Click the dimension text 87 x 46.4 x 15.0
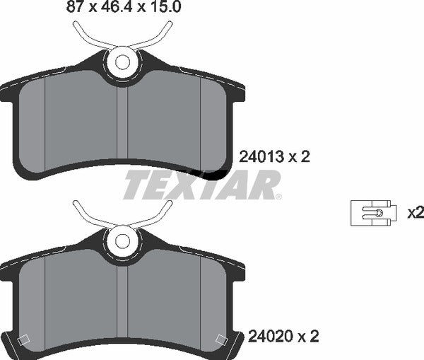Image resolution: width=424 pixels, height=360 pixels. pyautogui.click(x=124, y=6)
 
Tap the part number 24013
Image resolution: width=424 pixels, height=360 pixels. pyautogui.click(x=261, y=157)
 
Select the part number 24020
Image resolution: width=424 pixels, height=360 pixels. pyautogui.click(x=270, y=337)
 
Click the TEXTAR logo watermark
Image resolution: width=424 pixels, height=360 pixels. pyautogui.click(x=201, y=185)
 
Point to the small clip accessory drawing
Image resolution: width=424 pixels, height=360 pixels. pyautogui.click(x=373, y=213)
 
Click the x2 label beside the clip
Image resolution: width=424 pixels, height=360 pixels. pyautogui.click(x=416, y=214)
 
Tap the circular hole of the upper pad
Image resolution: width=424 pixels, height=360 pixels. pyautogui.click(x=122, y=62)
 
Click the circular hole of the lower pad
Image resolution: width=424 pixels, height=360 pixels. pyautogui.click(x=122, y=240)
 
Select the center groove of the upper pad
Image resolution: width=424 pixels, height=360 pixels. pyautogui.click(x=122, y=122)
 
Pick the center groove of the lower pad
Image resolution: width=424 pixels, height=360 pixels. pyautogui.click(x=122, y=301)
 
